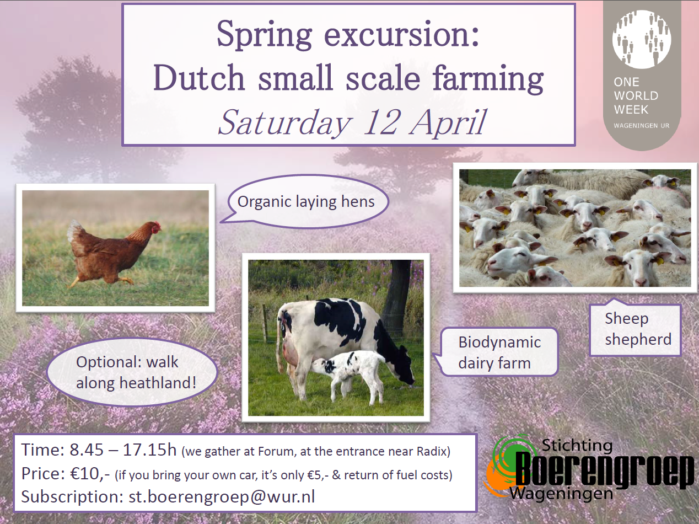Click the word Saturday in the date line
(286, 123)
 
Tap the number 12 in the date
(380, 122)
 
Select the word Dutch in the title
(198, 77)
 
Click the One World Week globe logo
(642, 40)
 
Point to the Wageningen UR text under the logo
(642, 126)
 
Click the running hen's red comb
(156, 227)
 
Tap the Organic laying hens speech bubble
(306, 202)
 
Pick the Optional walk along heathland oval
(132, 372)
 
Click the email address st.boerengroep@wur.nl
(222, 496)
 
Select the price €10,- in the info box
(90, 474)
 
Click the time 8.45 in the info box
(87, 450)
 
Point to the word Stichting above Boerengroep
(577, 445)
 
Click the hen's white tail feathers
(74, 231)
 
